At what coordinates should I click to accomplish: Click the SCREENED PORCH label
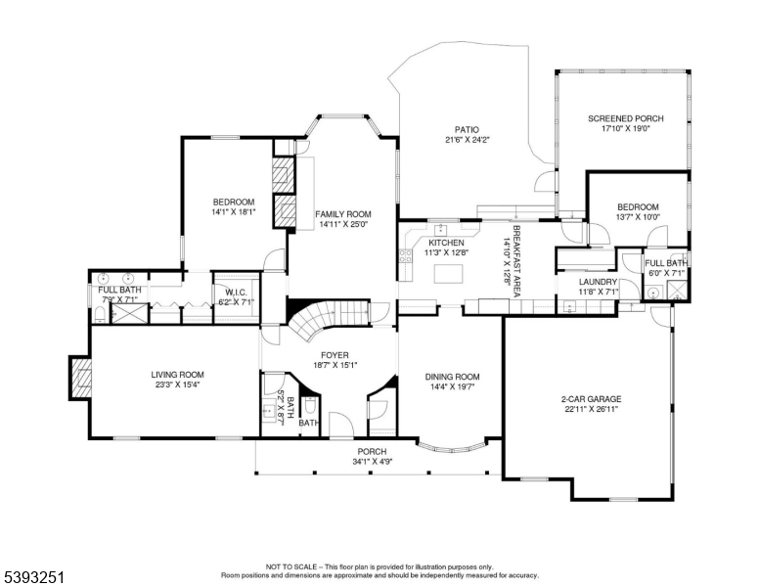pos(625,119)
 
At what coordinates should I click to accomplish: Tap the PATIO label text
pos(466,129)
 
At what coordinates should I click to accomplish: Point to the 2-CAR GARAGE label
pos(590,398)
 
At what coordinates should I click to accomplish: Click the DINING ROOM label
pos(452,377)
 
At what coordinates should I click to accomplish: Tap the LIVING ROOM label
pos(176,374)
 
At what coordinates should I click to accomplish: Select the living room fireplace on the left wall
pos(78,379)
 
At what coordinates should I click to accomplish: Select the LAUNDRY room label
pos(598,282)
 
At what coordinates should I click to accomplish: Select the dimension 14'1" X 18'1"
pos(233,211)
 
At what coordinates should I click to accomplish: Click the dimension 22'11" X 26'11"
pos(590,409)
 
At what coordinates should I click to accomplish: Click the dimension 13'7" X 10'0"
pos(638,217)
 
